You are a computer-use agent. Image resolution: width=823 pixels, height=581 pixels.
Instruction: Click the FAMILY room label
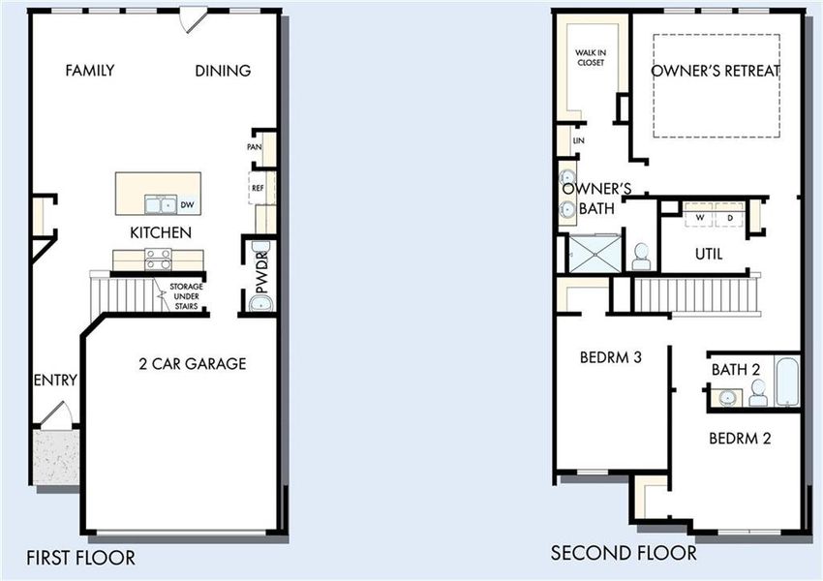[90, 71]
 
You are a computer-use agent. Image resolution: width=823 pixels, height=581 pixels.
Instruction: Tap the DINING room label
[223, 71]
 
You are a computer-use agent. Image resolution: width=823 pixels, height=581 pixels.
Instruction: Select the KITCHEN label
[161, 233]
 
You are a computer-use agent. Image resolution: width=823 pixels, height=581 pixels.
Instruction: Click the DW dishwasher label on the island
[187, 204]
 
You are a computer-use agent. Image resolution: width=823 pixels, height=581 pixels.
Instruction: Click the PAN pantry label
[255, 147]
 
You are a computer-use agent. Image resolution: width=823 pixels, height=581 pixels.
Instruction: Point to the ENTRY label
[54, 381]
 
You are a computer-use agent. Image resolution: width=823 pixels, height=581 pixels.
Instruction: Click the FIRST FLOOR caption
[80, 558]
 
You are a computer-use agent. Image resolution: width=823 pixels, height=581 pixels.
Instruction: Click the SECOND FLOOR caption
[624, 554]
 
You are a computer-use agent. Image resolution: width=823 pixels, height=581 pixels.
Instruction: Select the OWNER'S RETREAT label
[716, 71]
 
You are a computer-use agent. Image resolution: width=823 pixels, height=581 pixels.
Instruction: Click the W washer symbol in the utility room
[699, 218]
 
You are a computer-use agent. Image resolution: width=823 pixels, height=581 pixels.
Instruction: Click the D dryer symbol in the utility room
[729, 218]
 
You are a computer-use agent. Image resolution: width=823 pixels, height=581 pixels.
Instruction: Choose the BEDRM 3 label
[611, 357]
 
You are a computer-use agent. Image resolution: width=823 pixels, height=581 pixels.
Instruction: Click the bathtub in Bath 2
[786, 383]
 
